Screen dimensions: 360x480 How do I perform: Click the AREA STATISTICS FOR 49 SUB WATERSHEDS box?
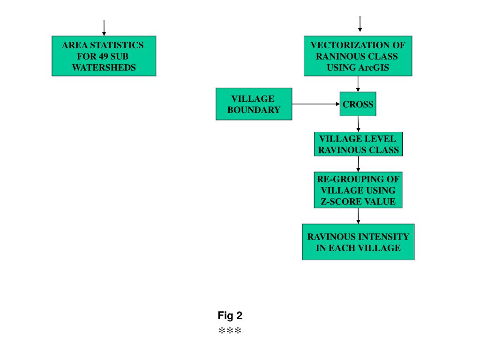(104, 56)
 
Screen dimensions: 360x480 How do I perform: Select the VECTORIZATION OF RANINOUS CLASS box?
(358, 56)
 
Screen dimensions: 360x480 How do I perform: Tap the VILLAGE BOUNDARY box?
(254, 104)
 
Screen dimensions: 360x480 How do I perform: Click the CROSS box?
(358, 104)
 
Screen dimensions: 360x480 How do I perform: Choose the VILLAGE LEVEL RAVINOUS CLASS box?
(358, 144)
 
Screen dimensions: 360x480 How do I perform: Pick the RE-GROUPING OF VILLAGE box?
(358, 190)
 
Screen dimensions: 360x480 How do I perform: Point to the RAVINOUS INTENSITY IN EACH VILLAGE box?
(358, 242)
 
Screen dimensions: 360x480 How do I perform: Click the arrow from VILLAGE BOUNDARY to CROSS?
(316, 104)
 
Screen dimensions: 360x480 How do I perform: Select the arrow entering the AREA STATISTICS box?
(104, 27)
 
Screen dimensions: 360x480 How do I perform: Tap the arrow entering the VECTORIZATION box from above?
(360, 23)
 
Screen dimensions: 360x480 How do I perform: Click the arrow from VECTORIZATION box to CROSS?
(358, 83)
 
